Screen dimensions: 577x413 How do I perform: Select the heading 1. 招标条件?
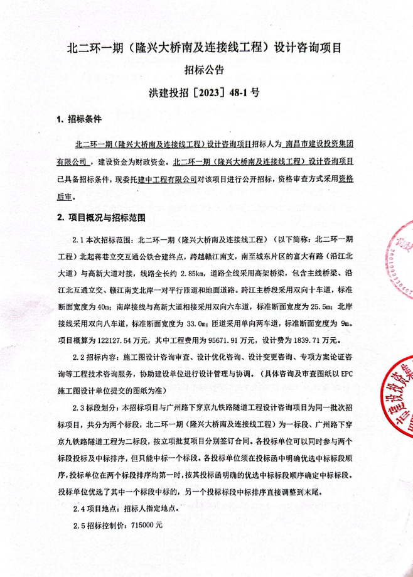pyautogui.click(x=79, y=119)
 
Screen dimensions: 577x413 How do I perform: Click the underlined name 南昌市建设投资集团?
pyautogui.click(x=319, y=144)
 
